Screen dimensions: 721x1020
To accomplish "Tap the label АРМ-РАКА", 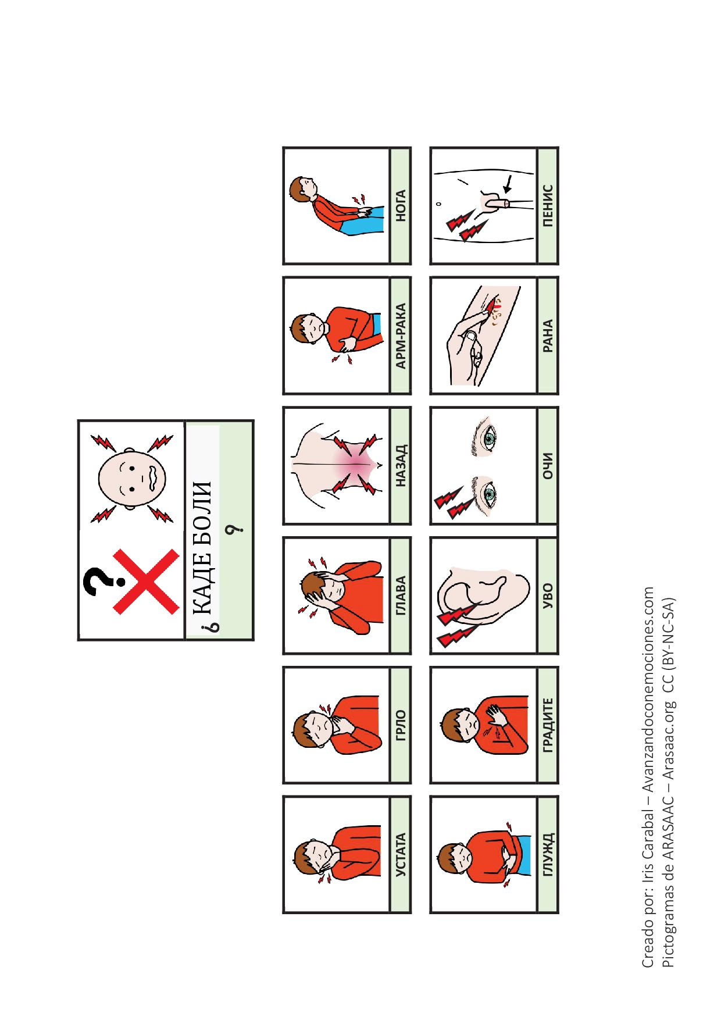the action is click(x=400, y=336).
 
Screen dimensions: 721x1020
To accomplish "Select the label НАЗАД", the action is click(x=400, y=465).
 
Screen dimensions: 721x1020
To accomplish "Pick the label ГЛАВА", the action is click(x=400, y=595).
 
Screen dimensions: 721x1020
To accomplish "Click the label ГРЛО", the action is click(x=400, y=725).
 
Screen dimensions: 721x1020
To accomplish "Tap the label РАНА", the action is click(x=547, y=336).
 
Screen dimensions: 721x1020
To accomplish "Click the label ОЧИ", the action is click(x=547, y=465).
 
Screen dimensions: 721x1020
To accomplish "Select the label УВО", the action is click(x=547, y=595).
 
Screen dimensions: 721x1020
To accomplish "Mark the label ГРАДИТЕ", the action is click(x=547, y=725).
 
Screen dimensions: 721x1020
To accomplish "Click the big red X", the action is click(x=145, y=581).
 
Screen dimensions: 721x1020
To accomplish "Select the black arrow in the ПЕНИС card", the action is click(x=508, y=186).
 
